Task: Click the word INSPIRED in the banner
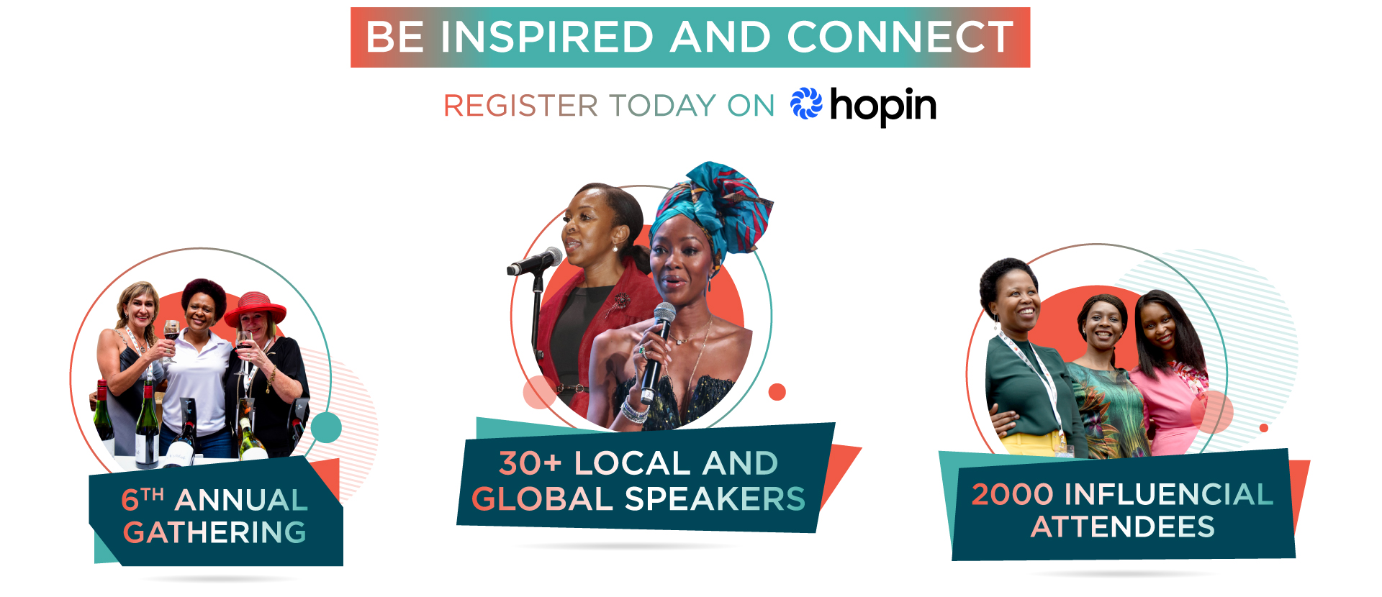pos(547,37)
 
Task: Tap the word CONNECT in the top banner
pos(900,37)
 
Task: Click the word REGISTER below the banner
pos(520,106)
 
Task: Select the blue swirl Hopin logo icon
pos(806,104)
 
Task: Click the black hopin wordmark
pos(883,106)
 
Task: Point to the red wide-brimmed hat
pos(256,308)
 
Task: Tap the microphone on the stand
pos(535,261)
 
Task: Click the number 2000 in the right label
pos(1013,495)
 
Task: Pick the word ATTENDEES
pos(1123,527)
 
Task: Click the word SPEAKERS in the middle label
pos(715,499)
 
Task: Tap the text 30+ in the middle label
pos(530,463)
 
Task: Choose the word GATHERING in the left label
pos(214,532)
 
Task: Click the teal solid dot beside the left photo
pos(326,428)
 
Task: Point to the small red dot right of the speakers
pos(777,392)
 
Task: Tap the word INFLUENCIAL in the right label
pos(1169,495)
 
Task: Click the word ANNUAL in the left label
pos(241,500)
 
